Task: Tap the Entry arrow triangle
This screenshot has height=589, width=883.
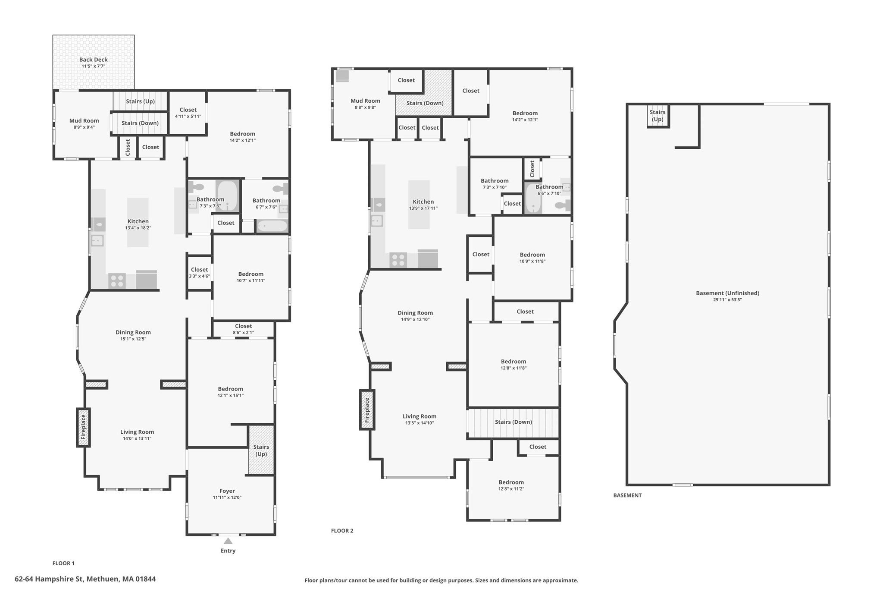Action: coord(228,541)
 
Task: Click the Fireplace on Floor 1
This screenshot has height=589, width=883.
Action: coord(83,427)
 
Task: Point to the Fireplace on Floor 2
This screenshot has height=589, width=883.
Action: coord(366,409)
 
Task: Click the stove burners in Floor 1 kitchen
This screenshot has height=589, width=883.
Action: coord(117,280)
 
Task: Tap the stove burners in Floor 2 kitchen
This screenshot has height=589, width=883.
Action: coord(398,260)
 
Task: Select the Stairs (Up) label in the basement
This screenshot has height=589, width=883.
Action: coord(658,116)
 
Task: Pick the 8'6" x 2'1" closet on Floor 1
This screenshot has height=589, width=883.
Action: coord(244,329)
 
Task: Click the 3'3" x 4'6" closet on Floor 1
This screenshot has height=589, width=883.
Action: coord(200,273)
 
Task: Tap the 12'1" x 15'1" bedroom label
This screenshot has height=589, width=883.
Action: coord(231,392)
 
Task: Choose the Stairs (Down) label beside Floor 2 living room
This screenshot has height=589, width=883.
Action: coord(514,422)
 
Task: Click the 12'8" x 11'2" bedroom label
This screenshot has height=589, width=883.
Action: coord(511,485)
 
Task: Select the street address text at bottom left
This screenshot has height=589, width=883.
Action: coord(85,579)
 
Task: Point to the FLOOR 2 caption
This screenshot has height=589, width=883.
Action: coord(342,531)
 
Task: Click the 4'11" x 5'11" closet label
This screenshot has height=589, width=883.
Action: coord(188,113)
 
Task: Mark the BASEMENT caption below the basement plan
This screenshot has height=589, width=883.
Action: coord(627,495)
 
